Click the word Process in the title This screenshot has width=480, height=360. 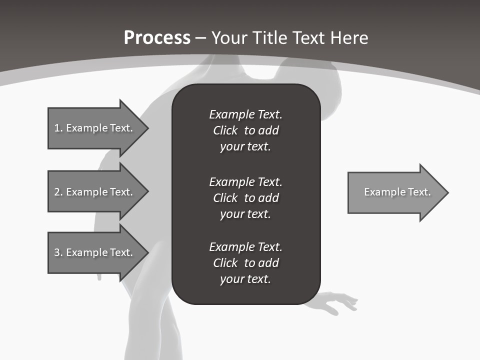tap(157, 38)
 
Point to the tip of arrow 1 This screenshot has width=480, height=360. tap(147, 128)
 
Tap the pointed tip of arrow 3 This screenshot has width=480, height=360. tap(147, 252)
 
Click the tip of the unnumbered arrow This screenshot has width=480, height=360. tap(447, 192)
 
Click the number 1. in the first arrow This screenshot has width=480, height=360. tap(58, 128)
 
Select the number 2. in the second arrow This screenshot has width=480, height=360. tap(58, 192)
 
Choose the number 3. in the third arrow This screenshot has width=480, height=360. tap(58, 252)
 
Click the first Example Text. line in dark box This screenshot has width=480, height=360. tap(245, 114)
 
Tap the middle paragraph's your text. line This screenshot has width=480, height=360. tap(245, 214)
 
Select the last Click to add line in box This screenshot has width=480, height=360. tap(245, 263)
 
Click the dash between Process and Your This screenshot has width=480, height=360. tap(200, 38)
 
